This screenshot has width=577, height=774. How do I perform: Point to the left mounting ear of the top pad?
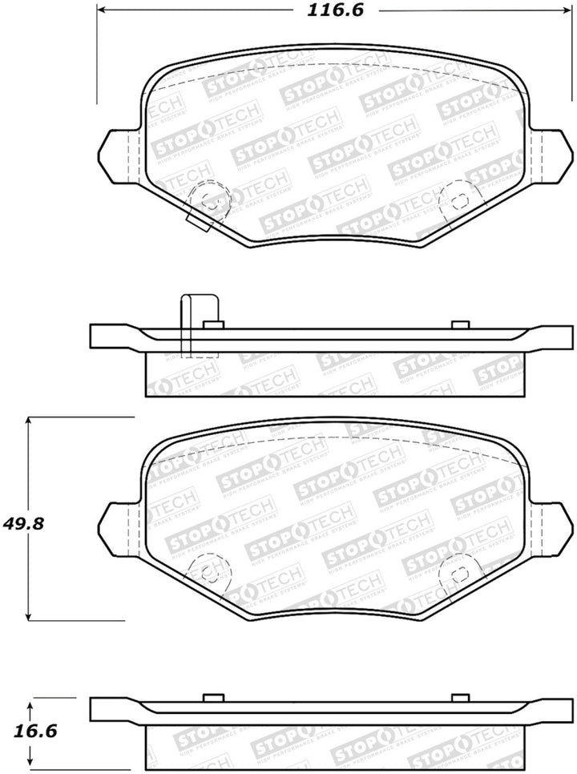pyautogui.click(x=117, y=154)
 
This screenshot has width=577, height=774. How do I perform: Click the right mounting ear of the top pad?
pyautogui.click(x=555, y=154)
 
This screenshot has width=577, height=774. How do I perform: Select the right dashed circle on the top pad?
pyautogui.click(x=457, y=197)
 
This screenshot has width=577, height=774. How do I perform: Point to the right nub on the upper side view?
pyautogui.click(x=459, y=325)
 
